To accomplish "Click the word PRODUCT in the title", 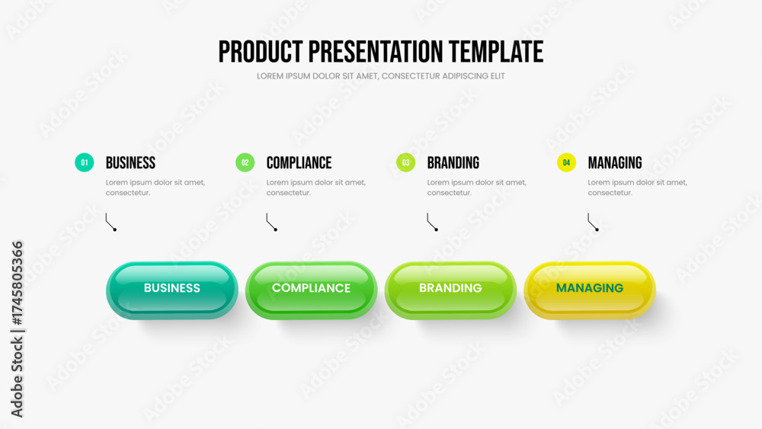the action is tap(261, 52).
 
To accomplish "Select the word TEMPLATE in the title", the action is tap(496, 52).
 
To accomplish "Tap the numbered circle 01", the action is tap(84, 162).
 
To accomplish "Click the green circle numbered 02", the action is tap(245, 162).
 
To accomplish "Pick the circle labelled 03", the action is tap(406, 162).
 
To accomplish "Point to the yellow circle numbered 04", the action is tap(566, 162).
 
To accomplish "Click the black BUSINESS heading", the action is tap(130, 163).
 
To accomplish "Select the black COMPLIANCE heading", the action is tap(299, 163).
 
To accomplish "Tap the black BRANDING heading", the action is tap(453, 163).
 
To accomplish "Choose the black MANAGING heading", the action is tap(615, 163).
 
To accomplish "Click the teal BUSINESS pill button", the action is tap(172, 290).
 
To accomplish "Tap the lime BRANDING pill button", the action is tap(450, 290).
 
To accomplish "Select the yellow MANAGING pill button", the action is tap(590, 290).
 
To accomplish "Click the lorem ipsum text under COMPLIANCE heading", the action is tap(316, 187).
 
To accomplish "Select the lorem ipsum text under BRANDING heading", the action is tap(477, 187).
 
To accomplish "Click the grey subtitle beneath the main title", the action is tap(380, 76).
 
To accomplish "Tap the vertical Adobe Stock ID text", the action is tap(17, 329).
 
